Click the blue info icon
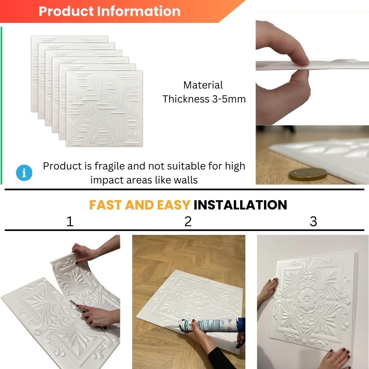tap(24, 173)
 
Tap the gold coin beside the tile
tap(307, 175)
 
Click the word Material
tap(203, 85)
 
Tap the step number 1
tap(70, 221)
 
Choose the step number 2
tap(188, 221)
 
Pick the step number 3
tap(313, 221)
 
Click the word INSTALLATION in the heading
tap(240, 205)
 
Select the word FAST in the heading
tap(106, 205)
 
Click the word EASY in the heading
tap(174, 205)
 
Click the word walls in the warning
tap(186, 180)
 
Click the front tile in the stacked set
tap(104, 109)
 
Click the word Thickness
tap(186, 99)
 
